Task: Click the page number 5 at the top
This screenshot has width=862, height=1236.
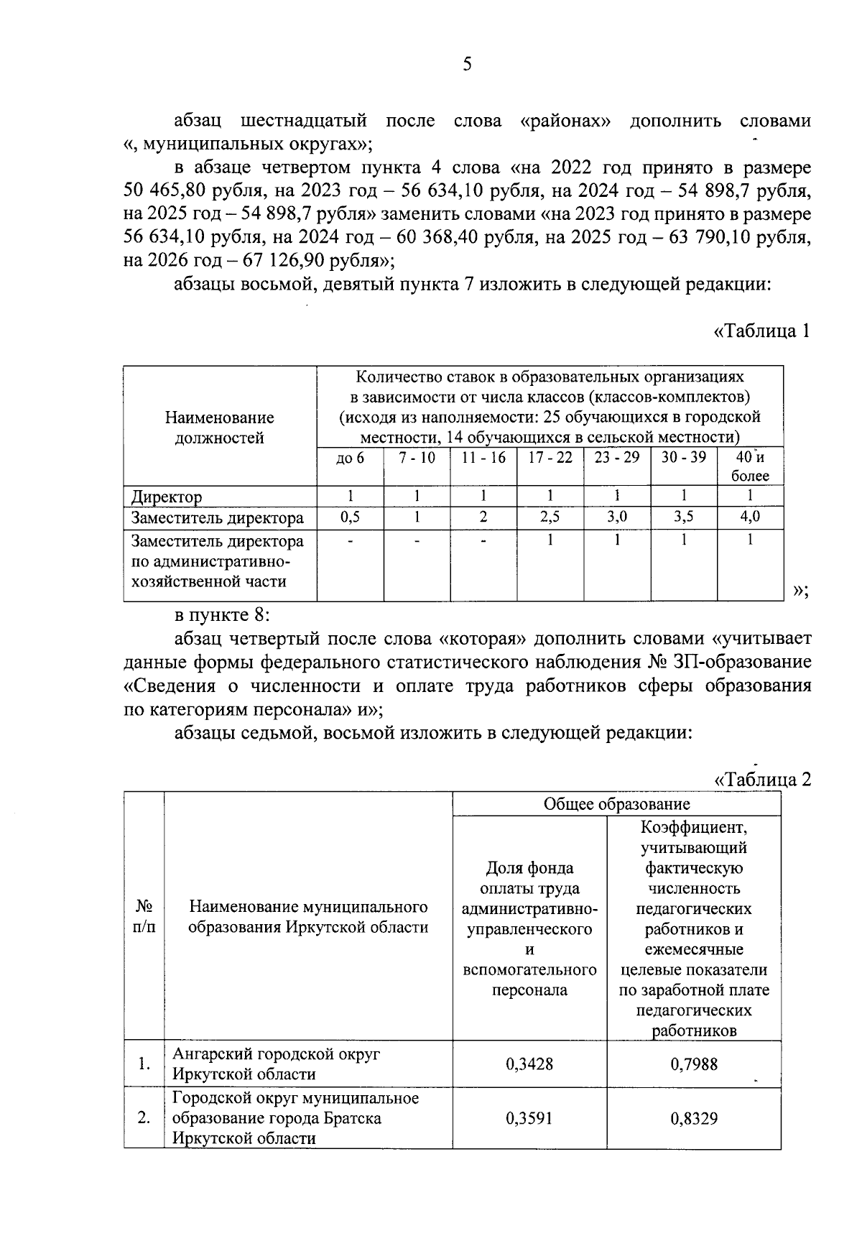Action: [x=467, y=65]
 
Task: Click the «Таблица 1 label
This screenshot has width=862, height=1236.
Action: [x=762, y=331]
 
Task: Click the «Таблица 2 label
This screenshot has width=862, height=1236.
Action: [x=762, y=779]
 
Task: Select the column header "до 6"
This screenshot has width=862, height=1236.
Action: [x=350, y=458]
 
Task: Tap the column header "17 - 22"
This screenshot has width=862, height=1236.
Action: [x=550, y=458]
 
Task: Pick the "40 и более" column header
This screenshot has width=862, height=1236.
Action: [x=750, y=466]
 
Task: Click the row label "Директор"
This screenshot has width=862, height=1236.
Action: [x=166, y=497]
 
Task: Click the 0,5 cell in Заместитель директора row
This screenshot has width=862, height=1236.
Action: [x=350, y=517]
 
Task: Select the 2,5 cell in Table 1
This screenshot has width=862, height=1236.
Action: [x=550, y=517]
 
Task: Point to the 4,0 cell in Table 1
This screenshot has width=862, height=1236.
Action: [x=750, y=517]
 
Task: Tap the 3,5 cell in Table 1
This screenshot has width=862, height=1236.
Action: [x=683, y=517]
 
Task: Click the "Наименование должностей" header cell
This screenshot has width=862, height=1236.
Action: [x=220, y=428]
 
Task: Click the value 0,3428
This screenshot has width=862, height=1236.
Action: [x=529, y=1064]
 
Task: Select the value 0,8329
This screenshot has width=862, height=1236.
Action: [x=693, y=1118]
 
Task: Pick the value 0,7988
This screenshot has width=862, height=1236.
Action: [x=693, y=1064]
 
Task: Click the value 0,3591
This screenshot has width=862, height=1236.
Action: [x=529, y=1118]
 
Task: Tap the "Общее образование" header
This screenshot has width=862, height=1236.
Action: [x=616, y=804]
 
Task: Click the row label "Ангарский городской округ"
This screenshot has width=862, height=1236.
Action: [x=277, y=1054]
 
